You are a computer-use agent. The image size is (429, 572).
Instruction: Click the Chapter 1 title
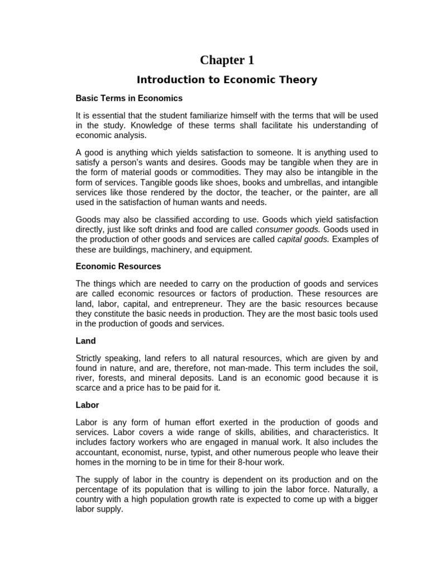click(227, 60)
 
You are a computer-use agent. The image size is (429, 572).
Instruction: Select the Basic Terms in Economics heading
click(129, 98)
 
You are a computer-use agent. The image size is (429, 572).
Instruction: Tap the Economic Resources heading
click(118, 266)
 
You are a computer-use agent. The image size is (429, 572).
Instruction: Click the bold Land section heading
click(85, 341)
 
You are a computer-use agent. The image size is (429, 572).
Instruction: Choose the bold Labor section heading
click(87, 405)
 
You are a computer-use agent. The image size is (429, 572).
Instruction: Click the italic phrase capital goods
click(306, 240)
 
